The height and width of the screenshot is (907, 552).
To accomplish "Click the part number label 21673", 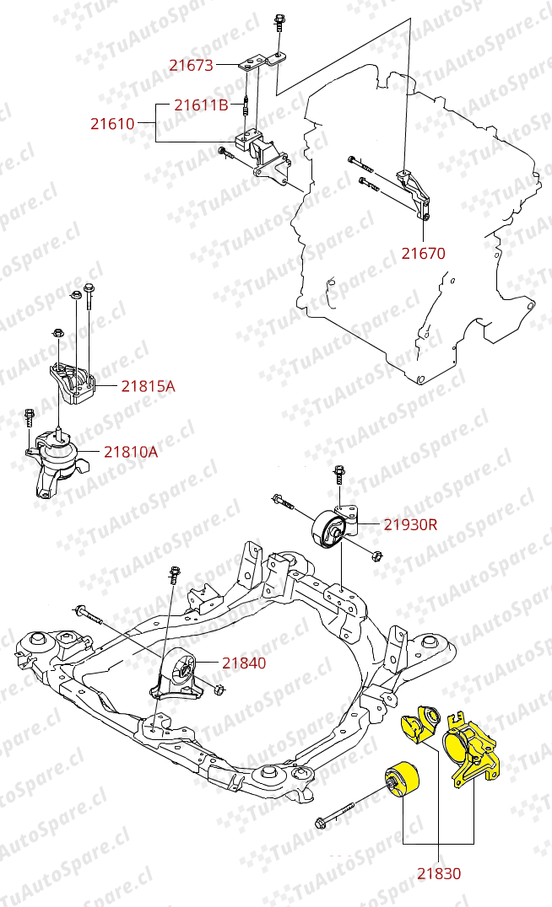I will (191, 64).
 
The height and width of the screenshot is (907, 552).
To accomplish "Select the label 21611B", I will (201, 105).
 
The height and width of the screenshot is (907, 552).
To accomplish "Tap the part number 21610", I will (112, 123).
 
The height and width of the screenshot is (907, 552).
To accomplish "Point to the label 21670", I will (423, 252).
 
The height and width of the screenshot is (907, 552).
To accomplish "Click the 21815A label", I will (148, 386).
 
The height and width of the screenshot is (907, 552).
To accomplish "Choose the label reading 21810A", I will (131, 452).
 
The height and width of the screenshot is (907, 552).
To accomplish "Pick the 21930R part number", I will (410, 524).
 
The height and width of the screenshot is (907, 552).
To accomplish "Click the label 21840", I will (244, 663).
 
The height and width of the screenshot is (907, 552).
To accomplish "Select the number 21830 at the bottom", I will (439, 874).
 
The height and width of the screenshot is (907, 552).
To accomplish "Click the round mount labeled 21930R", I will (333, 532).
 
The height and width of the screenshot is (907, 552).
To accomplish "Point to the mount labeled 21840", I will (180, 674).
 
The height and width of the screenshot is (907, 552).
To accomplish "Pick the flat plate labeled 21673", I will (258, 63).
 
